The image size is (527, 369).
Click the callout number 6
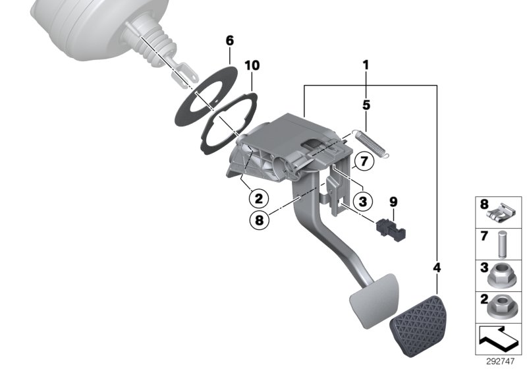[x=229, y=41]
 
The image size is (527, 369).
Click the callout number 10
[x=252, y=66]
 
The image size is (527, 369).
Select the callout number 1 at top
[x=364, y=66]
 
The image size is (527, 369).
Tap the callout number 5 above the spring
[x=366, y=105]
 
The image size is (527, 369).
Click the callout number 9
[x=393, y=202]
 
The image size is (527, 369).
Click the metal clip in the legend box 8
[x=504, y=212]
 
